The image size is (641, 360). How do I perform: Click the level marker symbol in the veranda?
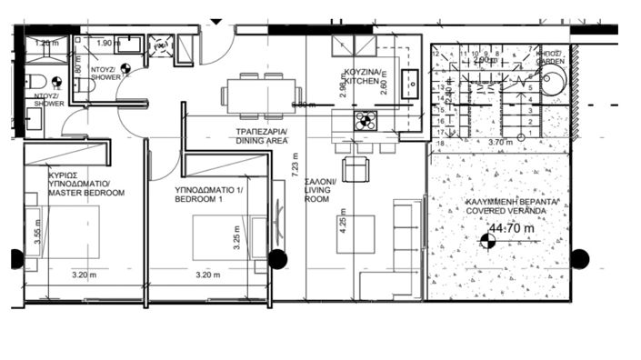[486, 240]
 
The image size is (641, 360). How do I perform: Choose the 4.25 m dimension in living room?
[341, 224]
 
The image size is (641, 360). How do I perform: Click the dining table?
[264, 94]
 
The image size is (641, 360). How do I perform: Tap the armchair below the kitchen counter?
[355, 169]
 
